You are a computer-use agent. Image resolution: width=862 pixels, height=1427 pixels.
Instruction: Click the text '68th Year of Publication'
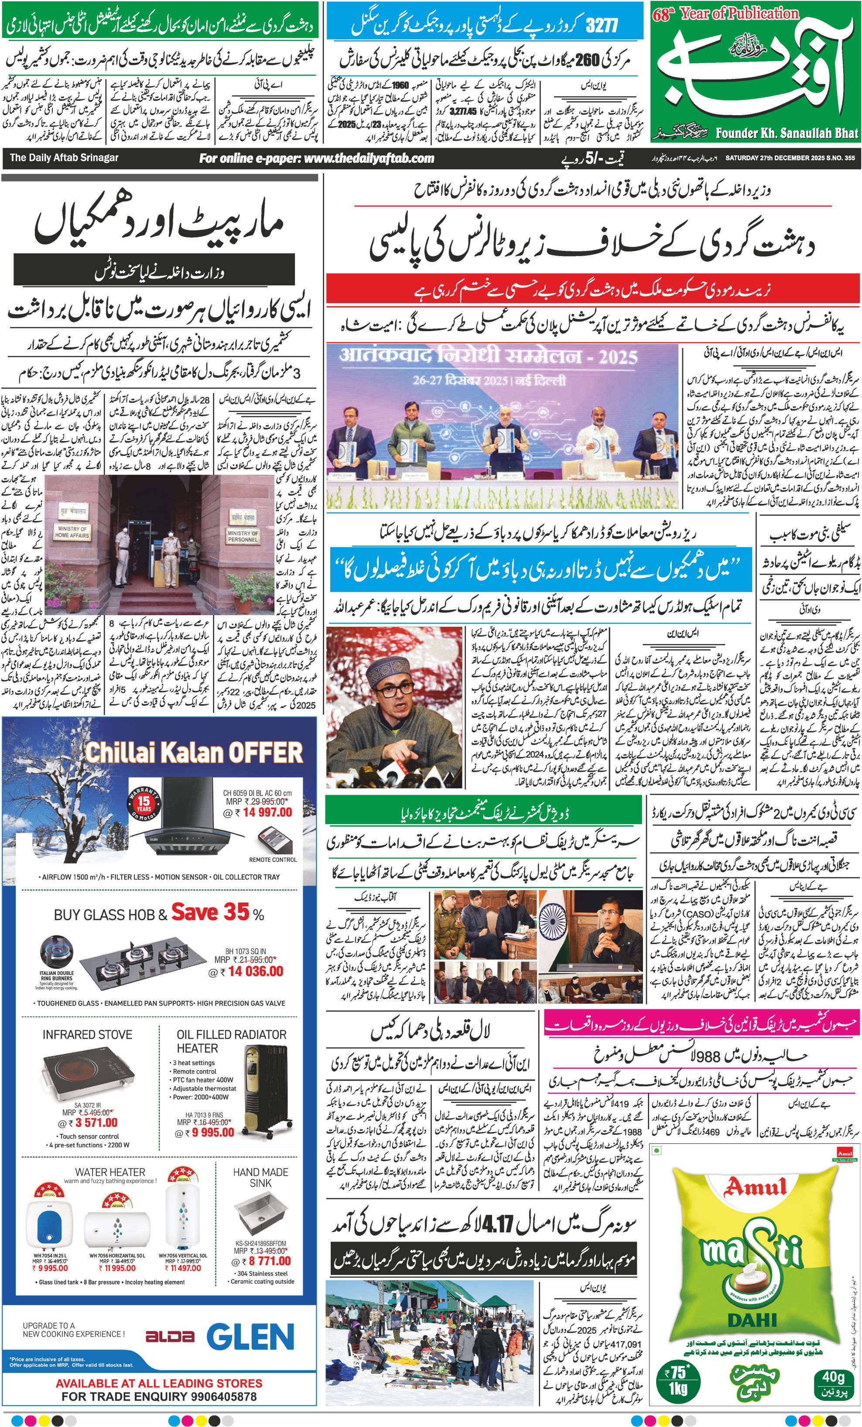(x=725, y=14)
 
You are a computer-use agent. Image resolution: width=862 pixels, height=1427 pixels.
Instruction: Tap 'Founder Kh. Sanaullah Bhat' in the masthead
(x=787, y=133)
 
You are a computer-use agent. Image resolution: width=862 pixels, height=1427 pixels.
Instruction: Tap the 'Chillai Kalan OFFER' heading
(x=194, y=753)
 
